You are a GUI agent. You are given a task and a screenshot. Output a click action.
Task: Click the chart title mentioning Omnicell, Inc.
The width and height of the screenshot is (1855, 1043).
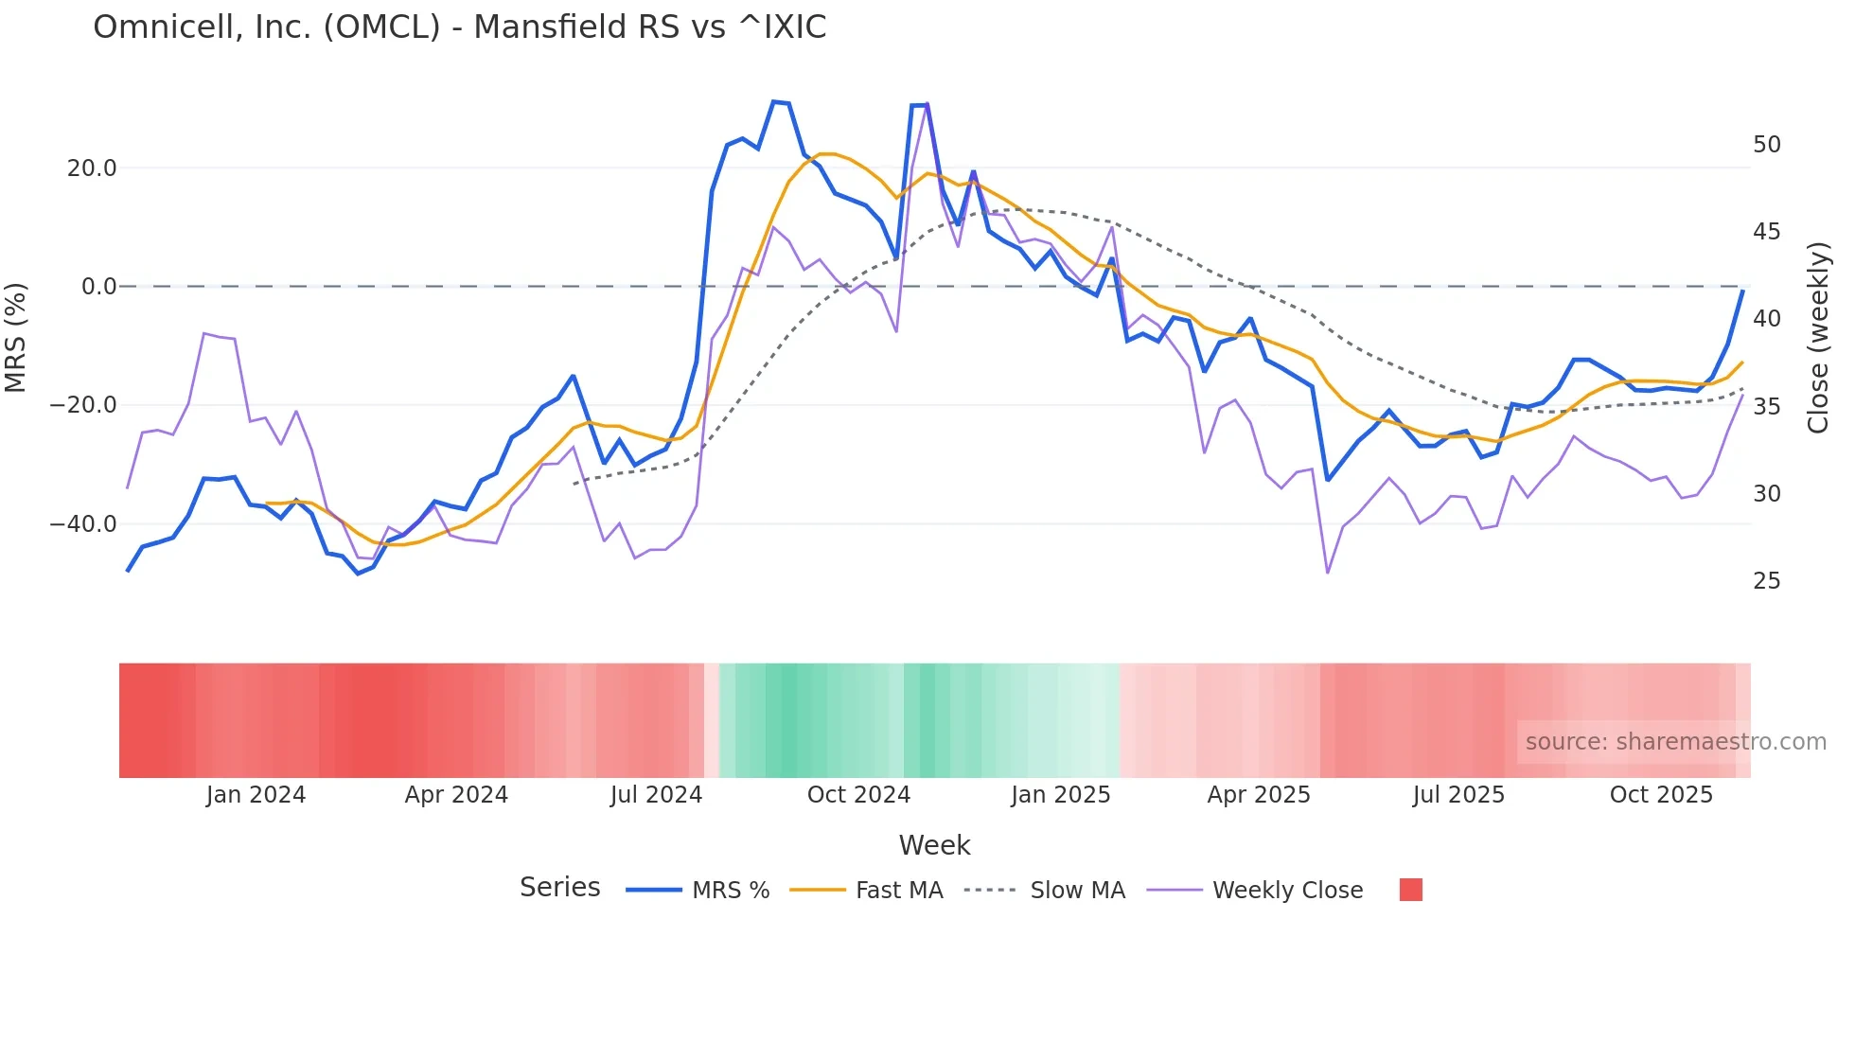pyautogui.click(x=459, y=27)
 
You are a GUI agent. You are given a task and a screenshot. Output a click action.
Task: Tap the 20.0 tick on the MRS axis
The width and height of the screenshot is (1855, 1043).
pyautogui.click(x=92, y=168)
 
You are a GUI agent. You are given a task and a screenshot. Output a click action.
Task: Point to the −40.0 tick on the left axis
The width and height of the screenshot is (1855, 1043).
pyautogui.click(x=83, y=524)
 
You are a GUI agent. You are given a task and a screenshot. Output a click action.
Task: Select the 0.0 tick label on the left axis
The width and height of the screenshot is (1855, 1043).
pyautogui.click(x=98, y=287)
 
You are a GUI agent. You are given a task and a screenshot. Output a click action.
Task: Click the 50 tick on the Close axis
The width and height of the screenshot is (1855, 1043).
pyautogui.click(x=1766, y=145)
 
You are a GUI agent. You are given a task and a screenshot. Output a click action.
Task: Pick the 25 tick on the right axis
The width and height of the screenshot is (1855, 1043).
pyautogui.click(x=1766, y=581)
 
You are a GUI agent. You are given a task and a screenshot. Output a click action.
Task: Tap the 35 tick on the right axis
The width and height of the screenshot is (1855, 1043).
pyautogui.click(x=1766, y=407)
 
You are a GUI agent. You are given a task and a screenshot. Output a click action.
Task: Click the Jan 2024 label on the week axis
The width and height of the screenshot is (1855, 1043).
pyautogui.click(x=256, y=795)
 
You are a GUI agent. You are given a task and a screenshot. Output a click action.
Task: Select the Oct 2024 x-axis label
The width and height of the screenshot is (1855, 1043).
pyautogui.click(x=858, y=795)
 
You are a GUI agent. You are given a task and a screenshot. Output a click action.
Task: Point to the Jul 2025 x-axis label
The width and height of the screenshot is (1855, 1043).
pyautogui.click(x=1458, y=795)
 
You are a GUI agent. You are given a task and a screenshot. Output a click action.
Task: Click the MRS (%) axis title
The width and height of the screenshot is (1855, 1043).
pyautogui.click(x=16, y=338)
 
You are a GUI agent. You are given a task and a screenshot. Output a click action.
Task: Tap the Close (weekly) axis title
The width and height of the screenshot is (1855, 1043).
pyautogui.click(x=1817, y=338)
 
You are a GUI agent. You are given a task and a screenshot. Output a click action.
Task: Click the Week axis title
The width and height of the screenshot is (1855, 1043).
pyautogui.click(x=934, y=845)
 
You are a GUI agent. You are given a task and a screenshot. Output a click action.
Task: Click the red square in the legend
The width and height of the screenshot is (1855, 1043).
pyautogui.click(x=1410, y=890)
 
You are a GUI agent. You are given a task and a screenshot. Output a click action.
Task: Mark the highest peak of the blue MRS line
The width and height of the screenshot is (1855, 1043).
pyautogui.click(x=774, y=101)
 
